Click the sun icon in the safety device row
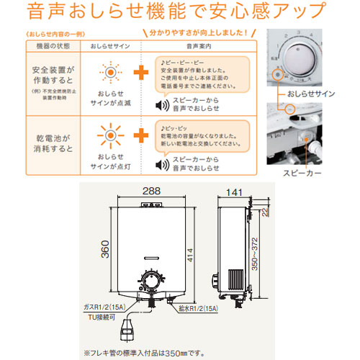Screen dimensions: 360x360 (109, 74)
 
